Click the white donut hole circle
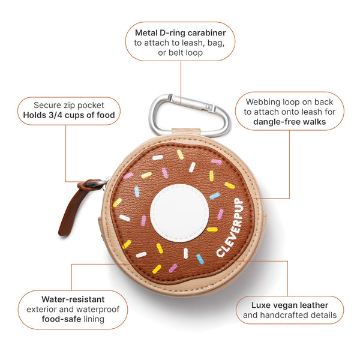tap(179, 213)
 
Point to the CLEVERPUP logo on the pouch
tap(230, 227)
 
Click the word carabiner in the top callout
tap(206, 33)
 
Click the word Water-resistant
tap(73, 299)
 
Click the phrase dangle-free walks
tap(290, 122)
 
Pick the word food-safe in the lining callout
tap(61, 319)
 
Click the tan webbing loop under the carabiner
tap(186, 131)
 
